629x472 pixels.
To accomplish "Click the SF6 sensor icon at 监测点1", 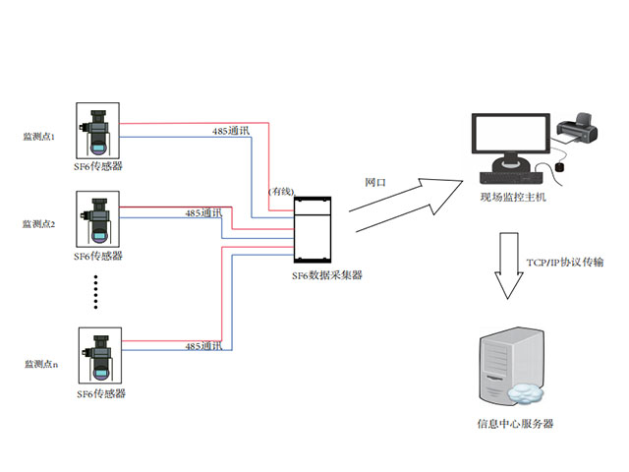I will click(x=97, y=131).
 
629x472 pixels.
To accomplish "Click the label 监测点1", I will click(x=39, y=137).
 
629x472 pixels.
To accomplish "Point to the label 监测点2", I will click(x=39, y=224).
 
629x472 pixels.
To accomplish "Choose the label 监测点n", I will click(x=40, y=364).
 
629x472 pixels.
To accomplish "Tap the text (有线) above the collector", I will click(x=280, y=191).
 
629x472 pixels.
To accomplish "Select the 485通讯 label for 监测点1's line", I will click(x=232, y=131).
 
